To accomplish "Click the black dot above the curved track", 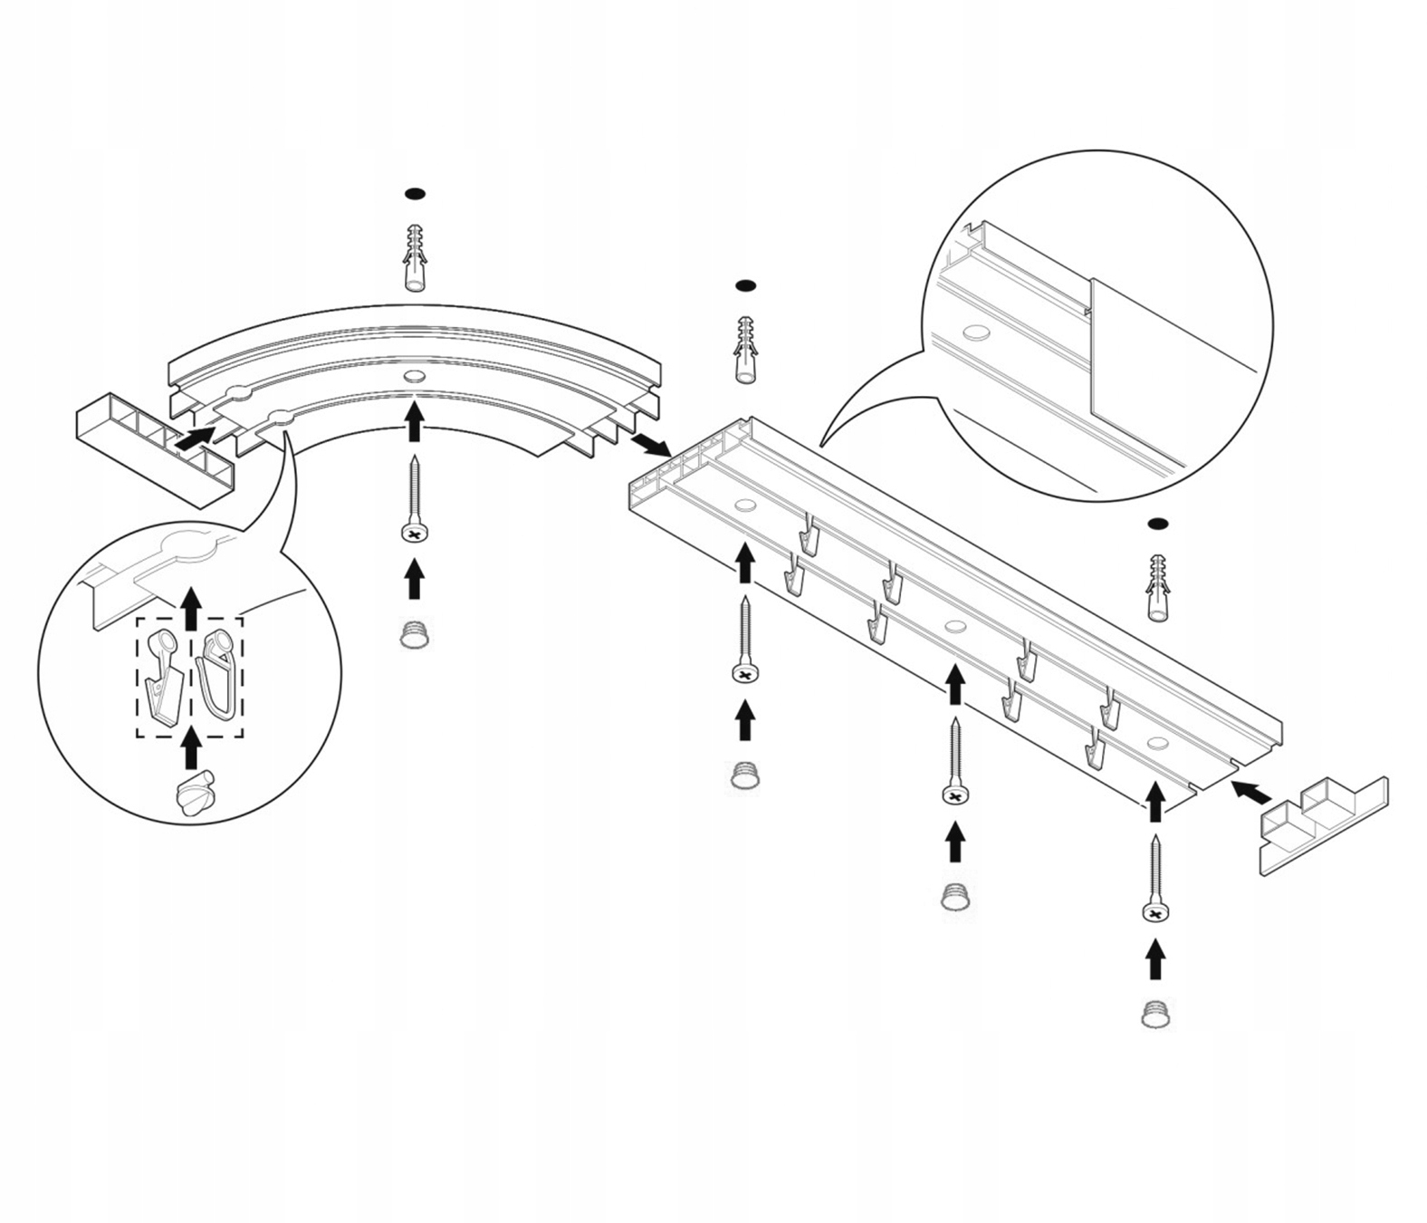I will [414, 194].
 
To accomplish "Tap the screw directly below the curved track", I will [414, 503].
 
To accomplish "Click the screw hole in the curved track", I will [414, 377].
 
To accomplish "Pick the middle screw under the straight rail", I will [954, 762].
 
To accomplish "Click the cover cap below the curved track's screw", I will [414, 633].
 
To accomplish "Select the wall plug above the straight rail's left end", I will [745, 350].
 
